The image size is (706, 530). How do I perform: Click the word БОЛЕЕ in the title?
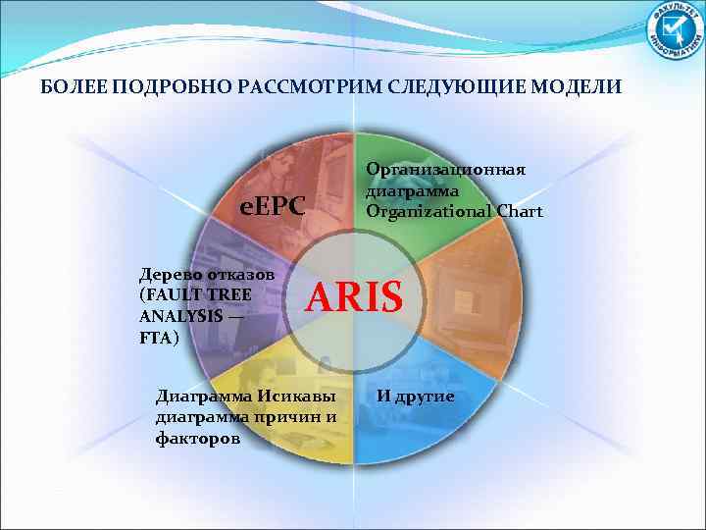[76, 87]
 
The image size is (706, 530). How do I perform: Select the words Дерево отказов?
[207, 274]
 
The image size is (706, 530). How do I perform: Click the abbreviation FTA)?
[159, 338]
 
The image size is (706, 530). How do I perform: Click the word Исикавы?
[297, 397]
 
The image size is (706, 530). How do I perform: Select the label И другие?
[416, 397]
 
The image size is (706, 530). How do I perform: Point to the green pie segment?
[392, 432]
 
